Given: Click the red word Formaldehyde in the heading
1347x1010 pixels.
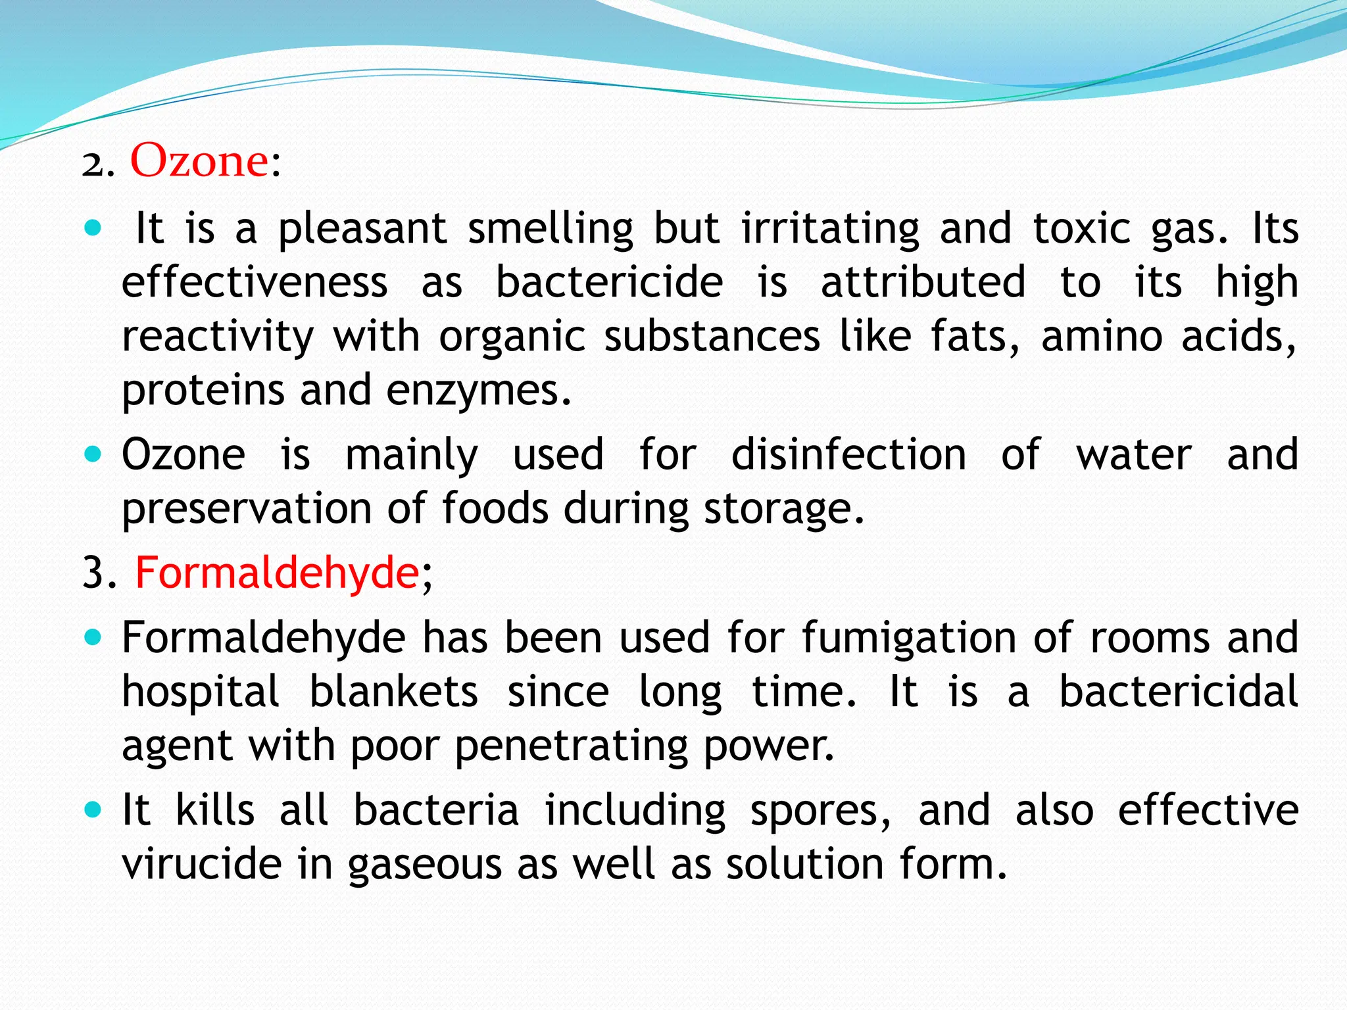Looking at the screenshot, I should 277,572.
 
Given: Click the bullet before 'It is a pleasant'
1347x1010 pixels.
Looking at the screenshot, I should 93,228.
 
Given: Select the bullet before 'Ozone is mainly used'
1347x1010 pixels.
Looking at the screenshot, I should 93,454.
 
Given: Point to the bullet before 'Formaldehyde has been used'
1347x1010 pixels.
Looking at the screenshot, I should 93,637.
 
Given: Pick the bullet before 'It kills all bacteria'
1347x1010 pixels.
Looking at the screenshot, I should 93,809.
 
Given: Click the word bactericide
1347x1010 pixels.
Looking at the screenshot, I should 609,282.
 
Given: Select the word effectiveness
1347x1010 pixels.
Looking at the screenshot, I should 255,282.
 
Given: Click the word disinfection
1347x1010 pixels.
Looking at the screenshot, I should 848,454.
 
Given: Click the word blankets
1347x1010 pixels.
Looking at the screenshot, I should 393,692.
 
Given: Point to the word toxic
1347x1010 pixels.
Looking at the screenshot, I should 1081,229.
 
